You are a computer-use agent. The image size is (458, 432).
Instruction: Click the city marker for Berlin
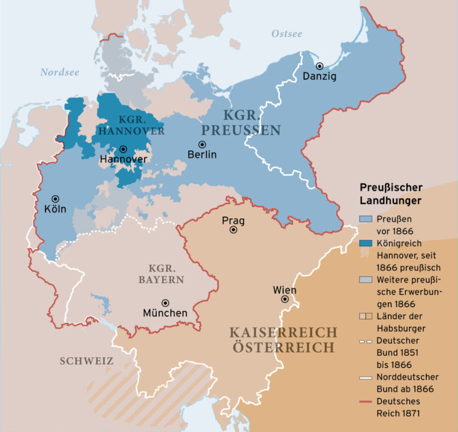[x=202, y=144]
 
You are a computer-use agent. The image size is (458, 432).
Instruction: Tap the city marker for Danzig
[x=319, y=66]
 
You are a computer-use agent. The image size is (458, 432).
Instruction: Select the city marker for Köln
[x=55, y=198]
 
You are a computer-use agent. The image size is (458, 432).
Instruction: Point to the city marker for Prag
[x=233, y=230]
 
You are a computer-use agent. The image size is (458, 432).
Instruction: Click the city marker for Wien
[x=285, y=299]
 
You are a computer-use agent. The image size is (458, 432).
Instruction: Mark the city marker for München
[x=166, y=302]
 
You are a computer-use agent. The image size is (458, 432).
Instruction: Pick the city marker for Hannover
[x=123, y=149]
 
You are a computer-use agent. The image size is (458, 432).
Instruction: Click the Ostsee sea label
[x=287, y=34]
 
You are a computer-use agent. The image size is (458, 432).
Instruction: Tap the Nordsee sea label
[x=60, y=72]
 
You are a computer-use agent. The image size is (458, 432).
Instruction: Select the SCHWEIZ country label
[x=86, y=361]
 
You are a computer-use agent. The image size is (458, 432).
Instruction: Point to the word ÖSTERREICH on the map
[x=284, y=347]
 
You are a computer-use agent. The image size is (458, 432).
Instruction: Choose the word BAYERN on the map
[x=161, y=280]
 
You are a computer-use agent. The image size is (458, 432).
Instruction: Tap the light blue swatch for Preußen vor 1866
[x=365, y=219]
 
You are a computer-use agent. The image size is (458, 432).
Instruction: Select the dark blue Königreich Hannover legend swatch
[x=365, y=243]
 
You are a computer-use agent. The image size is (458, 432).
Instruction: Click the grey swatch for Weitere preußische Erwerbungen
[x=365, y=280]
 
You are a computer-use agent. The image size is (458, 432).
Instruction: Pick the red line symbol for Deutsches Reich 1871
[x=365, y=401]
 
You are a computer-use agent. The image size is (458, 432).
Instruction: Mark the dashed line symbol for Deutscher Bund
[x=365, y=340]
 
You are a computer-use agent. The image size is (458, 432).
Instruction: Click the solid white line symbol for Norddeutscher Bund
[x=365, y=377]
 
